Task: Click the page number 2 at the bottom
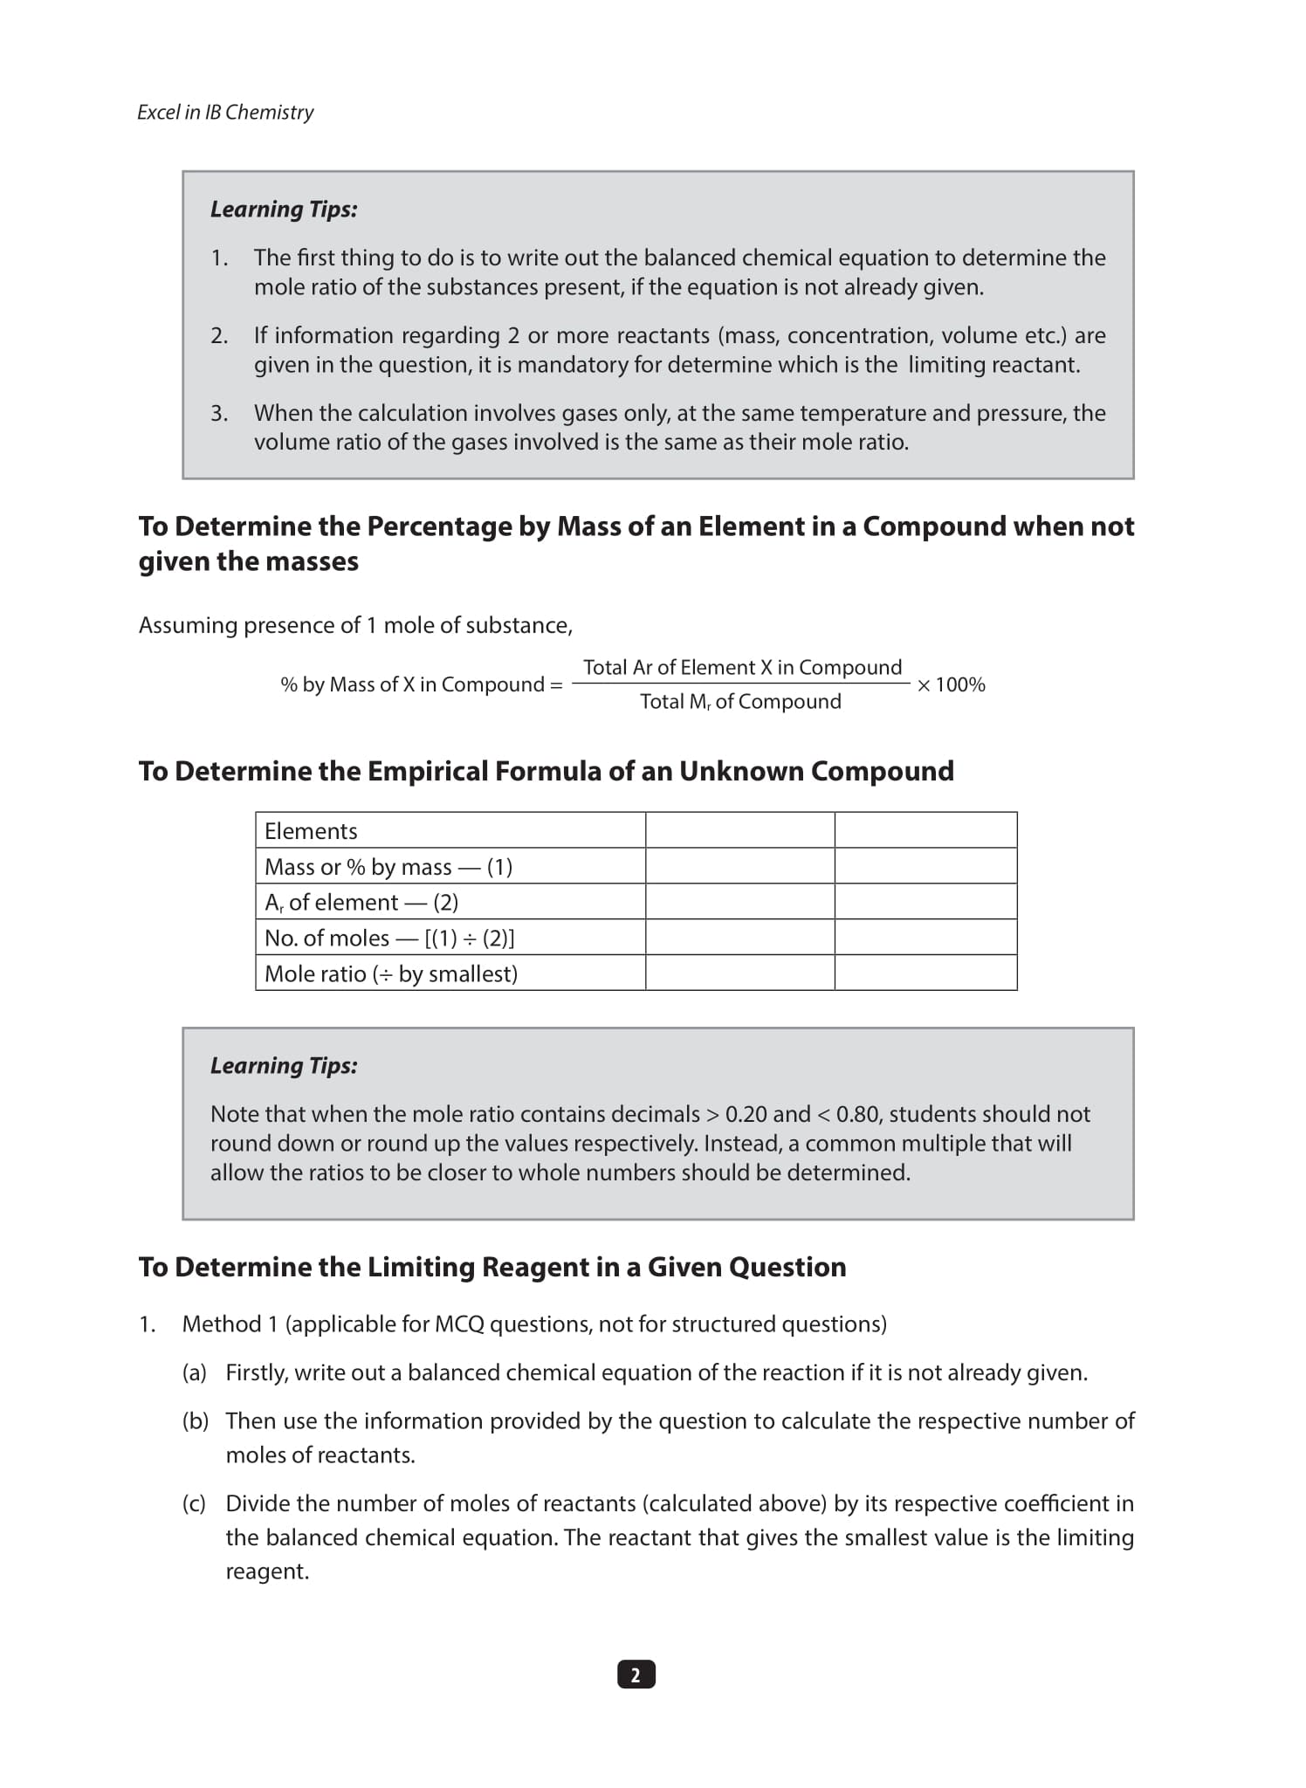click(x=636, y=1675)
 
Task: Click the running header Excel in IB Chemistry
click(x=225, y=113)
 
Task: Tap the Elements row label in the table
click(x=311, y=831)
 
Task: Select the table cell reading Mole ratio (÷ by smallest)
click(x=391, y=973)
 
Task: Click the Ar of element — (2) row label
click(x=361, y=902)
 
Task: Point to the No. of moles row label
click(x=389, y=938)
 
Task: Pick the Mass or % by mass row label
click(x=388, y=867)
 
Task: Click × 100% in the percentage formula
click(x=951, y=684)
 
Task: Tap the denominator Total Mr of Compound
click(x=740, y=702)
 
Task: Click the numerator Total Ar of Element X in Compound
click(x=742, y=668)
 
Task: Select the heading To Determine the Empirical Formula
click(x=546, y=771)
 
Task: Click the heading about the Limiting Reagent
click(x=492, y=1267)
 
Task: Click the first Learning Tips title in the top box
click(x=284, y=210)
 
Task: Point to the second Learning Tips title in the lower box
click(x=284, y=1066)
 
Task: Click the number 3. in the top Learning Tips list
click(x=219, y=413)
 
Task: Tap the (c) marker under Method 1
click(x=194, y=1503)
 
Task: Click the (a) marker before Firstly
click(x=194, y=1372)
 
